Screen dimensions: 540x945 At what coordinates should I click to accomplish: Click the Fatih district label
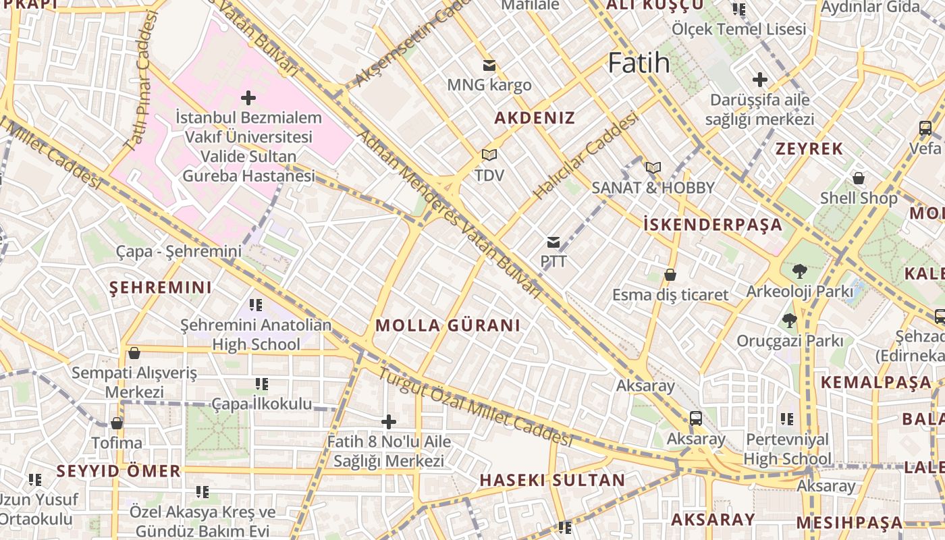point(639,63)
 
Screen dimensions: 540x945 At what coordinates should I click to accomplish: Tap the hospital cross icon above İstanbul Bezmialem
point(248,98)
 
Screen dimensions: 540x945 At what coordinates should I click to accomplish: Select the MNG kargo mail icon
point(489,65)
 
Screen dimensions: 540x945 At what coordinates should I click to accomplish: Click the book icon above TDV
point(489,155)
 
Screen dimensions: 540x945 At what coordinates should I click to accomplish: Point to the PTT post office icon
point(553,242)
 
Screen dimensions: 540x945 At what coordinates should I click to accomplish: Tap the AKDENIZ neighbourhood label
point(535,118)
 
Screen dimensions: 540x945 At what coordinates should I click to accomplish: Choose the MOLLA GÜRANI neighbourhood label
point(448,325)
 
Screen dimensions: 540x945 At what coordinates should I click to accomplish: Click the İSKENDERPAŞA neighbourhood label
point(713,225)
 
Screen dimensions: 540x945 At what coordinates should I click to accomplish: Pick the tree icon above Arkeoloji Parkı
point(800,271)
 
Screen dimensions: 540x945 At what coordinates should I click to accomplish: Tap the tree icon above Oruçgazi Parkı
point(789,320)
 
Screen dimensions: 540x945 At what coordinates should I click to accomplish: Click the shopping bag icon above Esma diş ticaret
point(670,275)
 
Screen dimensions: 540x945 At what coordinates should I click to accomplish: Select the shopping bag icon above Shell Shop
point(859,178)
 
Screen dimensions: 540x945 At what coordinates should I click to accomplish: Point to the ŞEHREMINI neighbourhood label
point(161,288)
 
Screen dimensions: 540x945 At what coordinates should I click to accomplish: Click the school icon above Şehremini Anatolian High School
point(256,305)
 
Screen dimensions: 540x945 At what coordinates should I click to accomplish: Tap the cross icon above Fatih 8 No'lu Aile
point(389,422)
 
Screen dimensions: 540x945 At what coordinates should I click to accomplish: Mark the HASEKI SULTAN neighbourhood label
point(552,481)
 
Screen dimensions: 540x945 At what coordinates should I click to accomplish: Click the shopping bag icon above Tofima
point(117,423)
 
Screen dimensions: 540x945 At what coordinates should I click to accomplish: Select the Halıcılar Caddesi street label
point(585,156)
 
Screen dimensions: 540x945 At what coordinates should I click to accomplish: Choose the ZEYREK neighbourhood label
point(809,149)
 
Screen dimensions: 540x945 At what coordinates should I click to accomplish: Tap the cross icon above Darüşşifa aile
point(760,80)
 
